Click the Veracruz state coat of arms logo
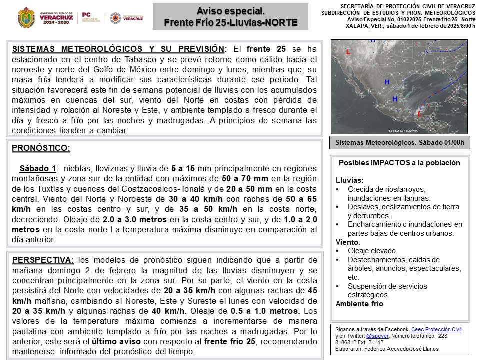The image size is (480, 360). pyautogui.click(x=26, y=17)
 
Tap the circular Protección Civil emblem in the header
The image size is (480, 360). pyautogui.click(x=115, y=17)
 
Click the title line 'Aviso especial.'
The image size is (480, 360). pyautogui.click(x=230, y=11)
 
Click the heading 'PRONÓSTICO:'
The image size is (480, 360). pyautogui.click(x=40, y=148)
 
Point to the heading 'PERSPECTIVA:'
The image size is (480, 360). pyautogui.click(x=43, y=260)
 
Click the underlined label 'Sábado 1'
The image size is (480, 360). pyautogui.click(x=38, y=169)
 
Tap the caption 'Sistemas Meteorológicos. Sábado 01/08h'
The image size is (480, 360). pyautogui.click(x=399, y=142)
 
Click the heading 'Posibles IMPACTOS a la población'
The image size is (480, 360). pyautogui.click(x=399, y=163)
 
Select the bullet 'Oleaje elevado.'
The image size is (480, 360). pyautogui.click(x=372, y=251)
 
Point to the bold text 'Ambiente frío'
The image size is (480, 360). pyautogui.click(x=359, y=304)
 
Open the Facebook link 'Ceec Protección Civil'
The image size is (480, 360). pyautogui.click(x=436, y=329)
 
